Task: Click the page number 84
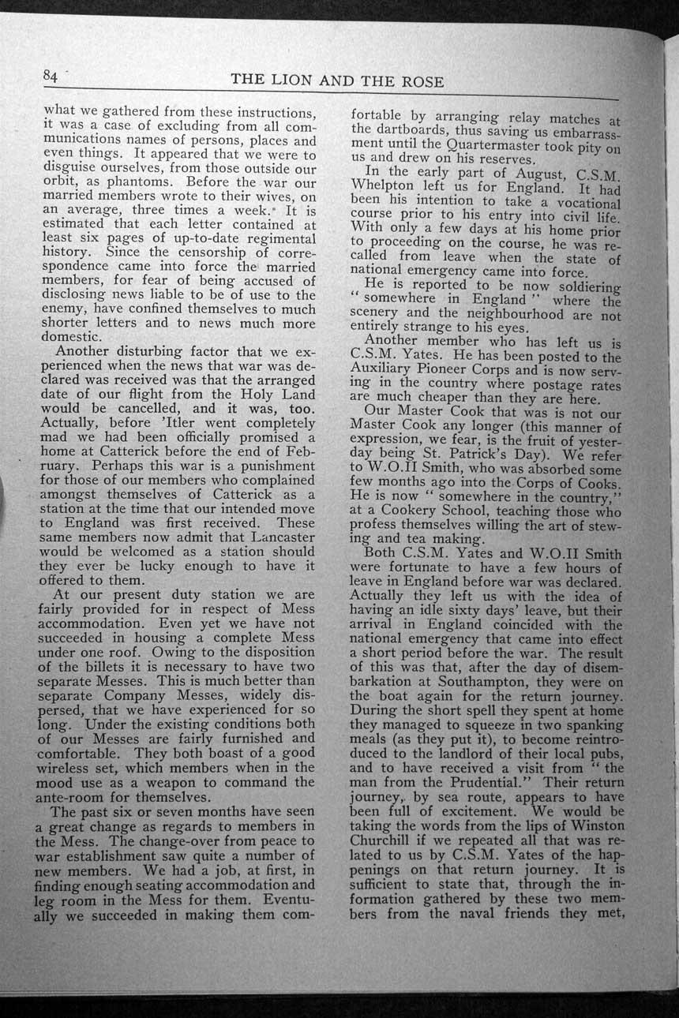(51, 75)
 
